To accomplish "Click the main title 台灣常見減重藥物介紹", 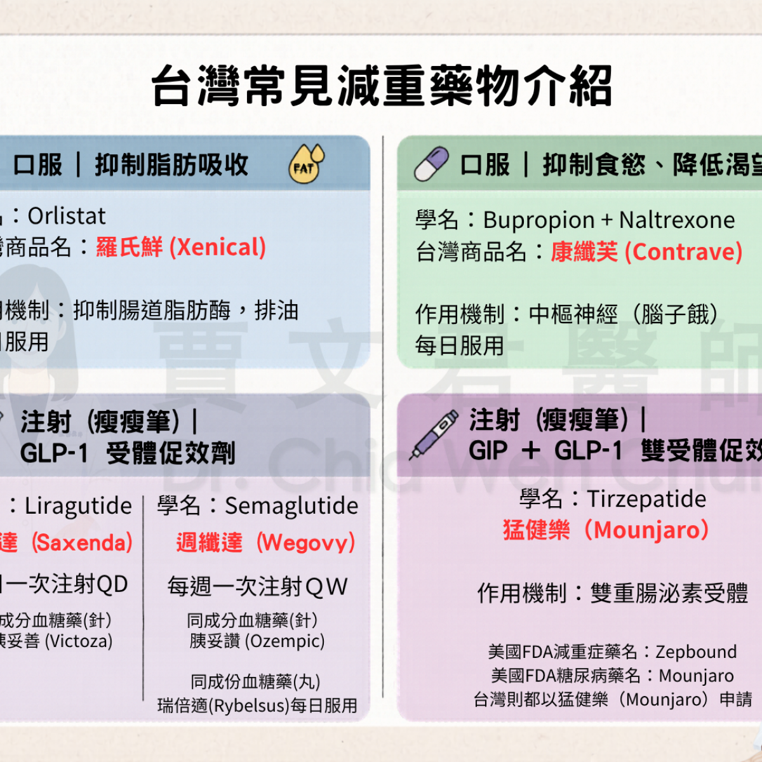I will pyautogui.click(x=381, y=86).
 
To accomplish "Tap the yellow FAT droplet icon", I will pyautogui.click(x=307, y=164).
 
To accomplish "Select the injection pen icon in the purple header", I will pyautogui.click(x=434, y=435).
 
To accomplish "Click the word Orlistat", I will pyautogui.click(x=67, y=217).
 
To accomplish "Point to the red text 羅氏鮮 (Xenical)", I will pyautogui.click(x=181, y=247).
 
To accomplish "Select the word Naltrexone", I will pyautogui.click(x=677, y=220).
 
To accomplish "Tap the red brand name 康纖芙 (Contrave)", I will pyautogui.click(x=646, y=252).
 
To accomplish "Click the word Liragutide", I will pyautogui.click(x=78, y=506).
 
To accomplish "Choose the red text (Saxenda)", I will pyautogui.click(x=83, y=543).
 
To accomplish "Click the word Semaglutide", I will pyautogui.click(x=291, y=506).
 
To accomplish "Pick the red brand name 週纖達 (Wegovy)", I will pyautogui.click(x=265, y=543).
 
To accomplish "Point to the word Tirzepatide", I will pyautogui.click(x=646, y=499).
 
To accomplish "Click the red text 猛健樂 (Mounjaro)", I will pyautogui.click(x=606, y=530).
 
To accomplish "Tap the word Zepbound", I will pyautogui.click(x=696, y=652).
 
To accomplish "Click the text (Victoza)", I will pyautogui.click(x=78, y=641).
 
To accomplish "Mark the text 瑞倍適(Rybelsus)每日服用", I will pyautogui.click(x=257, y=705).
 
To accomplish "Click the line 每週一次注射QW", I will pyautogui.click(x=257, y=586).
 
